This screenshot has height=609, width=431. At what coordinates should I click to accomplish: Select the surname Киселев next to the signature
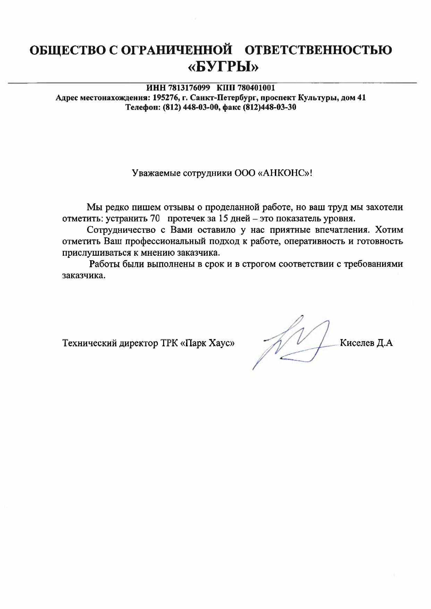point(357,343)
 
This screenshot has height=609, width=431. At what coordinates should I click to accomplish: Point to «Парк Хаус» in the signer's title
point(208,343)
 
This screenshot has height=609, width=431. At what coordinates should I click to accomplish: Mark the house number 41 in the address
point(361,98)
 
